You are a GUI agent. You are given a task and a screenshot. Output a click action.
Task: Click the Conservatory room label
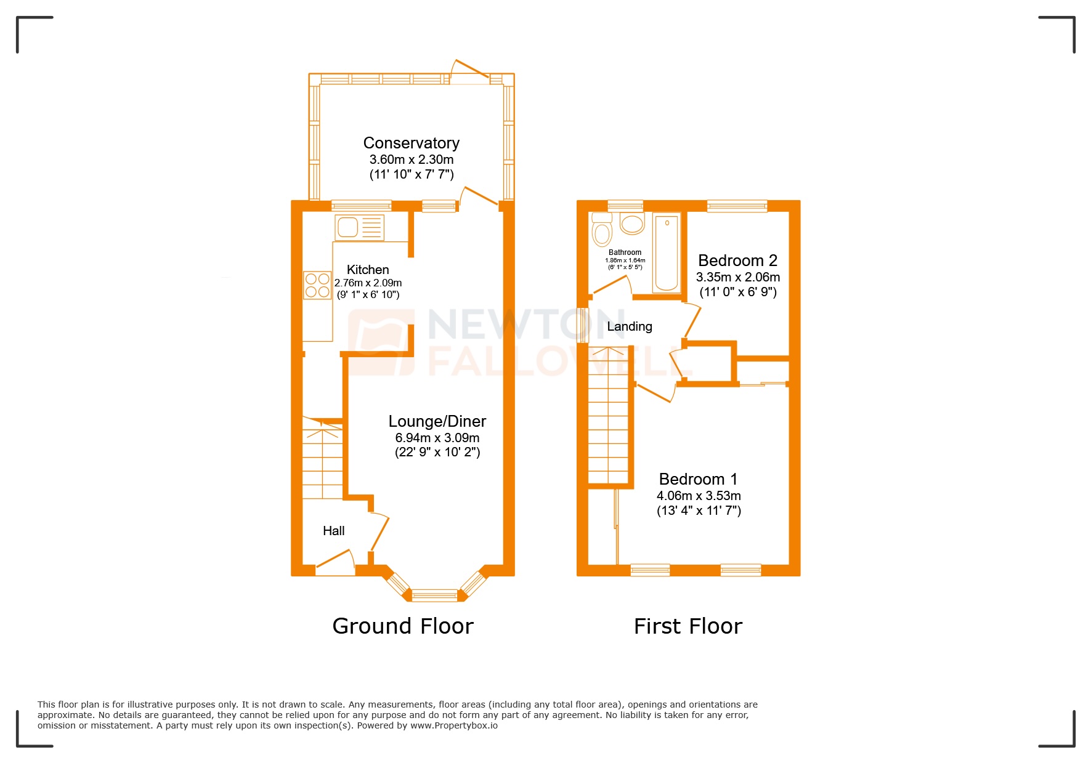pyautogui.click(x=411, y=143)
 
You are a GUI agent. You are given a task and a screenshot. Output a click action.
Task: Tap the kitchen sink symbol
pyautogui.click(x=359, y=227)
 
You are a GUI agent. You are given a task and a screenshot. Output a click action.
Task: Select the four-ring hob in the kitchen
pyautogui.click(x=317, y=286)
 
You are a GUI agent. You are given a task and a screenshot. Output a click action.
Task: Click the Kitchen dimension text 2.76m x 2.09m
pyautogui.click(x=368, y=283)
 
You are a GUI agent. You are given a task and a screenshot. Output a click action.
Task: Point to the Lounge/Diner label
pyautogui.click(x=437, y=421)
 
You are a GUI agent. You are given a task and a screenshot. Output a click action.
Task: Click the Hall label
pyautogui.click(x=333, y=531)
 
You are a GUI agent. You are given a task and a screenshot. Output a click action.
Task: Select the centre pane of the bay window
pyautogui.click(x=434, y=595)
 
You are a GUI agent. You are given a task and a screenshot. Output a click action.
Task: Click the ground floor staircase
pyautogui.click(x=322, y=459)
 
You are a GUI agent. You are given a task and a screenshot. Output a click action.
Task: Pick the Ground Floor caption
pyautogui.click(x=402, y=626)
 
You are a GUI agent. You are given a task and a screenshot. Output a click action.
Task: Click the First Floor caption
pyautogui.click(x=687, y=626)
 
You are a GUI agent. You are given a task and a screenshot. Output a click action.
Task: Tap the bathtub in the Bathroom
pyautogui.click(x=666, y=252)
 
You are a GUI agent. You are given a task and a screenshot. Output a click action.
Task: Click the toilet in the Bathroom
pyautogui.click(x=601, y=232)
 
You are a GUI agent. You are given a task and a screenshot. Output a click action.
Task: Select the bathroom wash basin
pyautogui.click(x=632, y=224)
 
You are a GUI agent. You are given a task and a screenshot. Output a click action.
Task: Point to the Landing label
pyautogui.click(x=629, y=326)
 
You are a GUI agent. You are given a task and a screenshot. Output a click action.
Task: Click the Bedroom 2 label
pyautogui.click(x=737, y=260)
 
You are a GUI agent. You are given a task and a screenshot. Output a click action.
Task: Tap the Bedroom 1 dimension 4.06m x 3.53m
pyautogui.click(x=699, y=496)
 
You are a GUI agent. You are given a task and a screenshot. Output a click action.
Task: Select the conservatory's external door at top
pyautogui.click(x=471, y=71)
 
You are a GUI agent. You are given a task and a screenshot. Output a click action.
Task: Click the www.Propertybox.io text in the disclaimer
pyautogui.click(x=454, y=725)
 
